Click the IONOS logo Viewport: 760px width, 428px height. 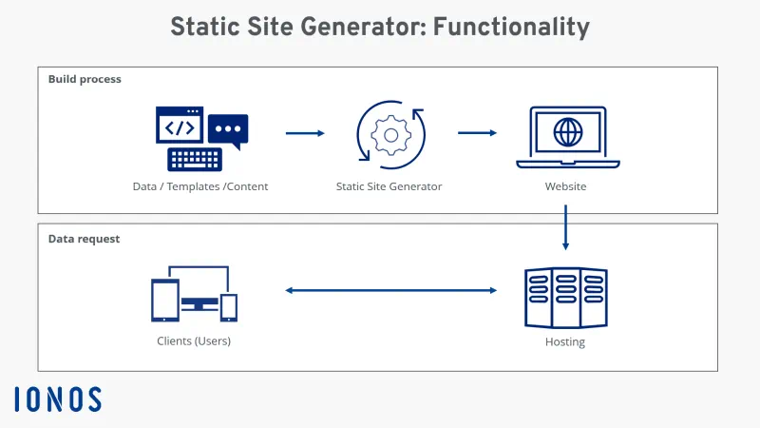(58, 399)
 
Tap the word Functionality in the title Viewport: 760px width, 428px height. (510, 27)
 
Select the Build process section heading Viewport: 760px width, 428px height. (85, 79)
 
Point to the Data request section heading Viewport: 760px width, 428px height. (84, 239)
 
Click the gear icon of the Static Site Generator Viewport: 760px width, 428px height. (389, 134)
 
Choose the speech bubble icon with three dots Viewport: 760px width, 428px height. (228, 128)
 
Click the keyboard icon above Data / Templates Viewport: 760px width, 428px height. (195, 158)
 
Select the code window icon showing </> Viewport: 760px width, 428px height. (180, 125)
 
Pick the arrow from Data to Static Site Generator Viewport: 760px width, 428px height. (305, 133)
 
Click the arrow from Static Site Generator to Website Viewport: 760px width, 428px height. (478, 133)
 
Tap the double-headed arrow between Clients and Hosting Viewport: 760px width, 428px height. (391, 290)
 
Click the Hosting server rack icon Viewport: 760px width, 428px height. (565, 297)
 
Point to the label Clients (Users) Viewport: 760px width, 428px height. (194, 340)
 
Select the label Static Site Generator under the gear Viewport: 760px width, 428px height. (389, 186)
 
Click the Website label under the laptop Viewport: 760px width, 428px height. (565, 186)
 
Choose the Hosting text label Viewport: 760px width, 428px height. (565, 341)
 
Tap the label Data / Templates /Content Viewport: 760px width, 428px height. (200, 186)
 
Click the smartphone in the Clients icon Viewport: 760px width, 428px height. (229, 306)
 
